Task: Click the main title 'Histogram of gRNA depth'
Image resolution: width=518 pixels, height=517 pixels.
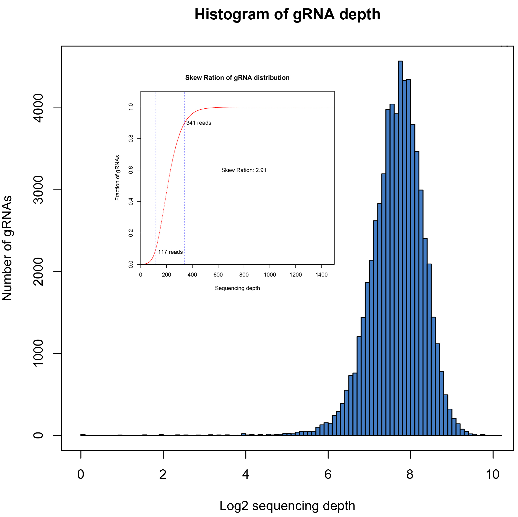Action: [x=287, y=14]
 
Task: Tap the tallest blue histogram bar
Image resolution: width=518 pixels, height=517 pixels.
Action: [x=400, y=241]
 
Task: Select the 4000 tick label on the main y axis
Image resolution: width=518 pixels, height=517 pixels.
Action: [x=38, y=108]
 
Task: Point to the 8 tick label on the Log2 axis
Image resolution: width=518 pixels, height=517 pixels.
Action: [x=410, y=474]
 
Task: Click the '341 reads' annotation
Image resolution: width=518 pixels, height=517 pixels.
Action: [x=199, y=123]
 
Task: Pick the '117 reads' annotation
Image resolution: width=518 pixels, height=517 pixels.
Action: [x=170, y=252]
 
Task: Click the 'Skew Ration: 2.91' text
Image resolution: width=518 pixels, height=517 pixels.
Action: [x=244, y=170]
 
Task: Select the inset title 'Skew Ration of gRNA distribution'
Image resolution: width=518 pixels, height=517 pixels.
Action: [x=237, y=78]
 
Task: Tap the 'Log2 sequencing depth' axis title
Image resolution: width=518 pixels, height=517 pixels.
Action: [x=287, y=506]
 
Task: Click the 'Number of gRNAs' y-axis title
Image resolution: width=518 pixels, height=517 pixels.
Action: [x=7, y=248]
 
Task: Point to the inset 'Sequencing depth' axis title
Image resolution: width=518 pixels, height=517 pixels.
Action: [x=237, y=288]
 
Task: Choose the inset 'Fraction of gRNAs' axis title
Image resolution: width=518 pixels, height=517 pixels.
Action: [x=117, y=177]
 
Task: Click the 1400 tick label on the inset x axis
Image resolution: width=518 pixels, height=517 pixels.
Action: [x=321, y=275]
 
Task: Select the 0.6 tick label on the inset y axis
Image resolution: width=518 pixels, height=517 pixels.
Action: [x=131, y=170]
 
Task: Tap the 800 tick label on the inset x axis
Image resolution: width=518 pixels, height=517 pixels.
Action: [x=244, y=275]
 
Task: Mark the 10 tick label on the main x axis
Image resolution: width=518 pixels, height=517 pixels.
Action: [x=492, y=474]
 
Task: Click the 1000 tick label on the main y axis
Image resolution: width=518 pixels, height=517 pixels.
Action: [x=38, y=353]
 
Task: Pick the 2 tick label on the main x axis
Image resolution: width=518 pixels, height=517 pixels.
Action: [x=163, y=474]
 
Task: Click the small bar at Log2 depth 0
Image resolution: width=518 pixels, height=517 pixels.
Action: [x=83, y=434]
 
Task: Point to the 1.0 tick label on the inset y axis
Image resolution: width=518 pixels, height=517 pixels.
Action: [x=131, y=107]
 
